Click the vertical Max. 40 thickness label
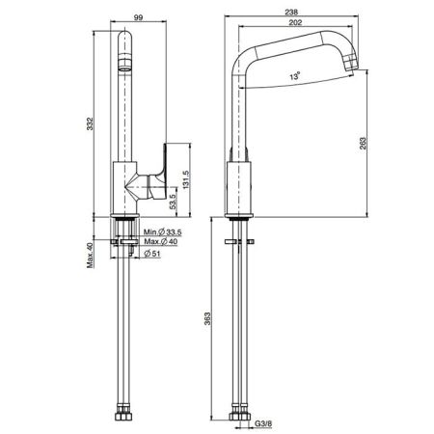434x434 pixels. (88, 256)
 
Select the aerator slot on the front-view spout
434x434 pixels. (122, 68)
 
